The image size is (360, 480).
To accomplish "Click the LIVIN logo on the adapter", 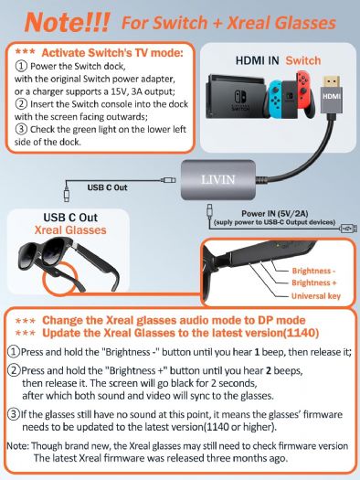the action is pyautogui.click(x=218, y=179).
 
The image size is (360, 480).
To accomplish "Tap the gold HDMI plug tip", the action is pyautogui.click(x=332, y=80).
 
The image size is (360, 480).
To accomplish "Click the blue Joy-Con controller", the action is pyautogui.click(x=276, y=94).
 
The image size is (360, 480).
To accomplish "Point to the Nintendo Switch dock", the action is pyautogui.click(x=237, y=96).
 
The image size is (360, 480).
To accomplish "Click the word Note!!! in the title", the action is pyautogui.click(x=67, y=22).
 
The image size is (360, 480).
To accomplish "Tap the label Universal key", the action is pyautogui.click(x=315, y=296).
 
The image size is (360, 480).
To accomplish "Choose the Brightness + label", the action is pyautogui.click(x=313, y=283).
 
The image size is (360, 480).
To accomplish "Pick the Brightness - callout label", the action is pyautogui.click(x=313, y=271).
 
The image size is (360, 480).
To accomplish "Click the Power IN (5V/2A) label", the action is pyautogui.click(x=275, y=213).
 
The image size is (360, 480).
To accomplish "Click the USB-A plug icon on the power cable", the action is pyautogui.click(x=349, y=229).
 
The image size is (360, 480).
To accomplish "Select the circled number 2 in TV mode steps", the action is pyautogui.click(x=21, y=104).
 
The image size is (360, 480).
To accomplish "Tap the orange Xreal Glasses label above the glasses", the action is pyautogui.click(x=70, y=229).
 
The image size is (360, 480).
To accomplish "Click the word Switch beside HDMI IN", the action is pyautogui.click(x=303, y=60).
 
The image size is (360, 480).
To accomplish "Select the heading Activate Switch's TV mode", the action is pyautogui.click(x=112, y=53).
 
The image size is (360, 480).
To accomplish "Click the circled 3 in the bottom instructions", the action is pyautogui.click(x=14, y=414).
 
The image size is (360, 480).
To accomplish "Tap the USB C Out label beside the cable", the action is pyautogui.click(x=107, y=187).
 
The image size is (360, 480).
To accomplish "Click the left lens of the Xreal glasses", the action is pyautogui.click(x=28, y=254).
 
